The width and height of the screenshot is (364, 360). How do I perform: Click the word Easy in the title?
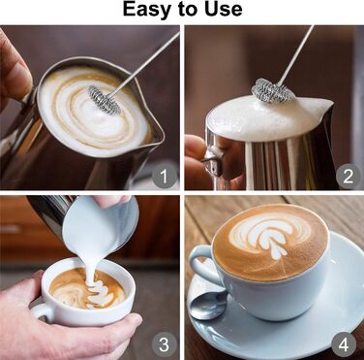(146, 10)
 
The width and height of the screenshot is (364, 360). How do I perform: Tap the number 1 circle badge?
(165, 177)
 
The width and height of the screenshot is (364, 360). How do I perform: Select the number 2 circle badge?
(348, 176)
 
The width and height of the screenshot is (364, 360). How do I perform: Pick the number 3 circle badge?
(165, 344)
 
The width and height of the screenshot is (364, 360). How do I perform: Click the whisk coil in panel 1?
(105, 100)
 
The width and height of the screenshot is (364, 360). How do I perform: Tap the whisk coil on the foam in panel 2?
(274, 89)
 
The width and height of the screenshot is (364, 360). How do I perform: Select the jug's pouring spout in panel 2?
(325, 106)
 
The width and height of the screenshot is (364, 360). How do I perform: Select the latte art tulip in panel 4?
(270, 235)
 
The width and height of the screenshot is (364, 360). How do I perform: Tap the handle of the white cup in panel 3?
(42, 311)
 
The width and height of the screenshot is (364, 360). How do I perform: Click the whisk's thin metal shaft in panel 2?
(296, 54)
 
